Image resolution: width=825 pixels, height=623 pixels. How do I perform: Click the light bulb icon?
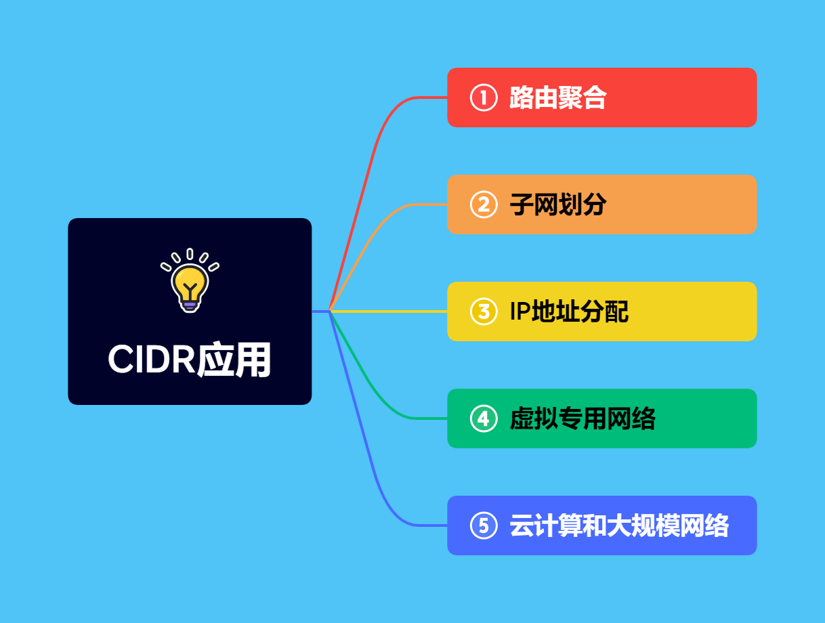point(190,281)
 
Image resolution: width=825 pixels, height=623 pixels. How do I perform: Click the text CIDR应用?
point(189,360)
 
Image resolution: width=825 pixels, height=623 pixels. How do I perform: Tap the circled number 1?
point(483,98)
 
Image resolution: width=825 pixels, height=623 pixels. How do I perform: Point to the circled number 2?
point(483,205)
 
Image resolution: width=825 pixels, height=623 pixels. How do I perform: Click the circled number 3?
point(483,311)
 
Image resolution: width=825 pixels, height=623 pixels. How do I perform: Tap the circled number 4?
point(483,418)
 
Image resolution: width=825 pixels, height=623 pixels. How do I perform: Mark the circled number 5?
point(483,525)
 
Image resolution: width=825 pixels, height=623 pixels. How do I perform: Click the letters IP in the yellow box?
point(520,311)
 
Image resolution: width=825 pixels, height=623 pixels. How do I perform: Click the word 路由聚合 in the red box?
point(557,98)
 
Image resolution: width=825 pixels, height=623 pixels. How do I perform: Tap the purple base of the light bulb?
point(190,304)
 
